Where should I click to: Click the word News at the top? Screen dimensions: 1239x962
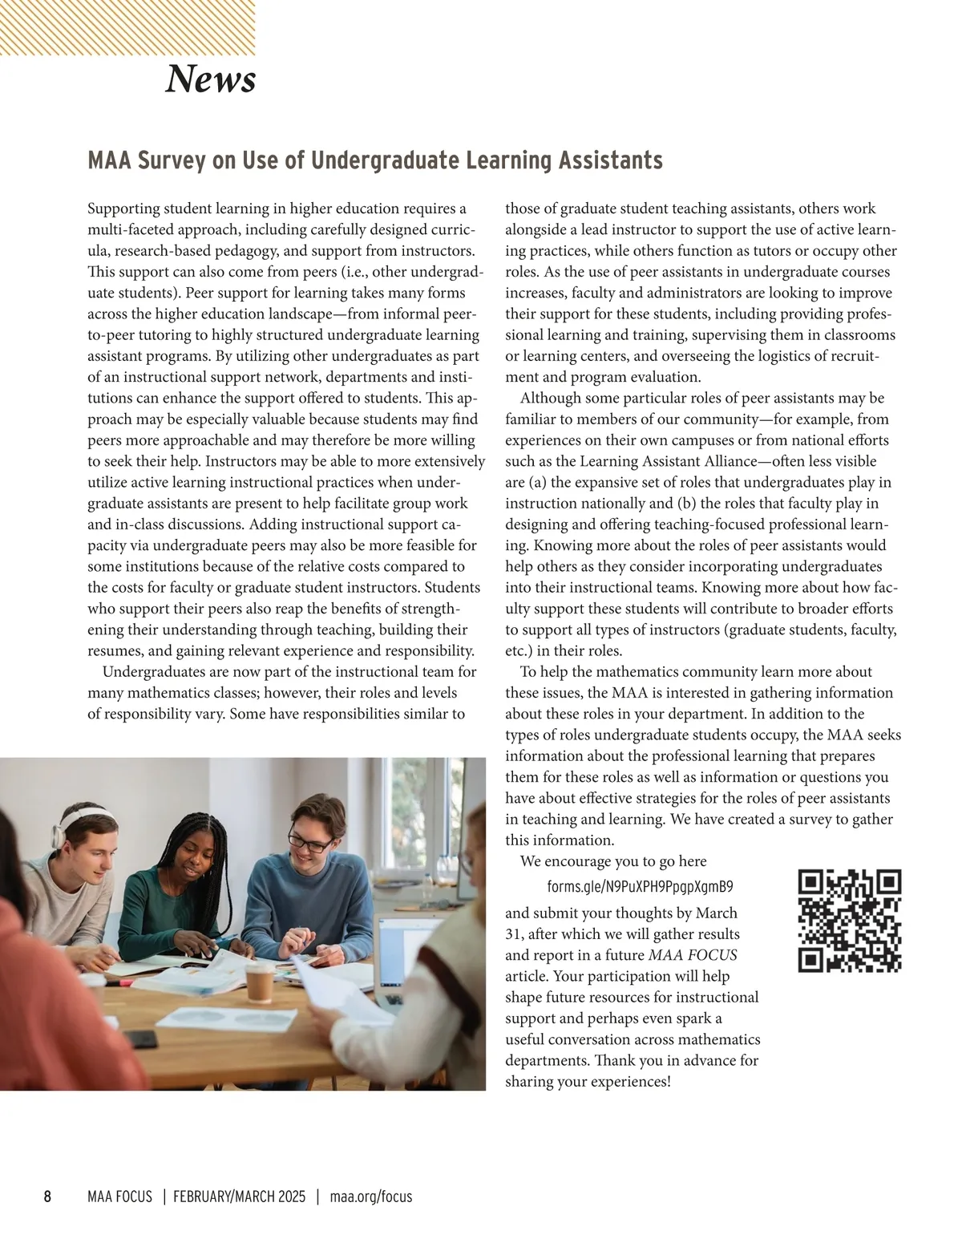point(210,79)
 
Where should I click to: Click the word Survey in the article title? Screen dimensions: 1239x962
point(172,160)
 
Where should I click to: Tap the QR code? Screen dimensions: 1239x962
point(850,921)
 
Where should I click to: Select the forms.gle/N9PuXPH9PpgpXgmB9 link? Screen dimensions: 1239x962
point(640,887)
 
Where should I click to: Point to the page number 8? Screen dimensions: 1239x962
point(47,1196)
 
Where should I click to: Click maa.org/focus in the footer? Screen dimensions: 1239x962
point(371,1196)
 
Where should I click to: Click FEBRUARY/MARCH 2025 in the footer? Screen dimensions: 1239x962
point(240,1196)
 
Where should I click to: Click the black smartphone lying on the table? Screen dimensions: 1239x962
point(141,1039)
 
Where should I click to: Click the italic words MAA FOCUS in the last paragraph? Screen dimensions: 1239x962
point(693,955)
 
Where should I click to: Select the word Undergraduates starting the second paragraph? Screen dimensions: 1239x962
point(152,672)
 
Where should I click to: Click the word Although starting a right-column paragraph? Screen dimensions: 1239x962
point(550,399)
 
